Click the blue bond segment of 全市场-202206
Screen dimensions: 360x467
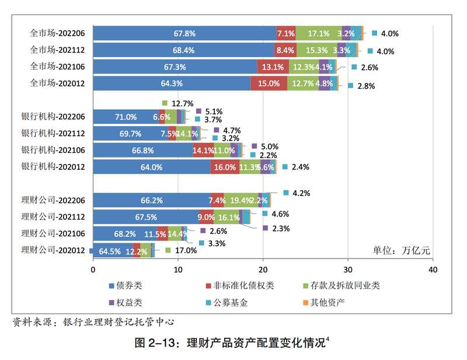[184, 33]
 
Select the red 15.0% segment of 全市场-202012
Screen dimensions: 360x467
[269, 83]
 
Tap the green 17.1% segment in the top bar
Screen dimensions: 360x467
[318, 33]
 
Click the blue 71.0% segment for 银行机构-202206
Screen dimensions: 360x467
[126, 117]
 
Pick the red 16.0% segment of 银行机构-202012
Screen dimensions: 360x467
[225, 167]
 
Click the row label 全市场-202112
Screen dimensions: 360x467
[57, 50]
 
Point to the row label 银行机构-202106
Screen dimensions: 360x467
[53, 150]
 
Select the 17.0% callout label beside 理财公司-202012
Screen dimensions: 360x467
[185, 250]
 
